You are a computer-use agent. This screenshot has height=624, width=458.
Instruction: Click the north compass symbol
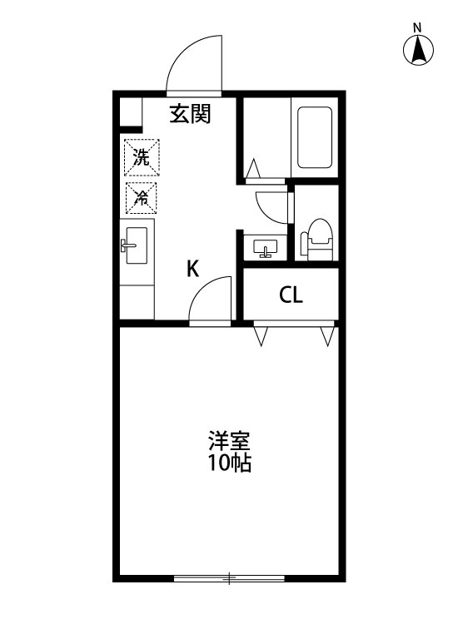click(419, 52)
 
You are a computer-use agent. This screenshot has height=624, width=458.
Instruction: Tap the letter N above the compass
click(418, 27)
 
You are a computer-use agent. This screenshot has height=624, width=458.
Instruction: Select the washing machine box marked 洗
click(142, 158)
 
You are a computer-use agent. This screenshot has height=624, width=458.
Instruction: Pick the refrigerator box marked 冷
click(142, 198)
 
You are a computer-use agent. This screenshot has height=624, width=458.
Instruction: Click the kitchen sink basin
click(137, 245)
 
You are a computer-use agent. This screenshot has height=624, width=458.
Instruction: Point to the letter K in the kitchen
click(192, 269)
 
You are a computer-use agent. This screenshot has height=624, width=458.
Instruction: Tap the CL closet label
click(290, 295)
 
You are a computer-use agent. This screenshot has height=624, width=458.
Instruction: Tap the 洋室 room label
click(229, 438)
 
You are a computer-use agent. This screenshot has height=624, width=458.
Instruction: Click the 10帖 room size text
click(229, 463)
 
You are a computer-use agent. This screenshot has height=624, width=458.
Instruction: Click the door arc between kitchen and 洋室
click(210, 300)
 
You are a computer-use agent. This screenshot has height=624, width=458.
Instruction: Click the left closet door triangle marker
click(261, 336)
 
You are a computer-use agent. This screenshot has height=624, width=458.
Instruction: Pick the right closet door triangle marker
click(326, 336)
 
